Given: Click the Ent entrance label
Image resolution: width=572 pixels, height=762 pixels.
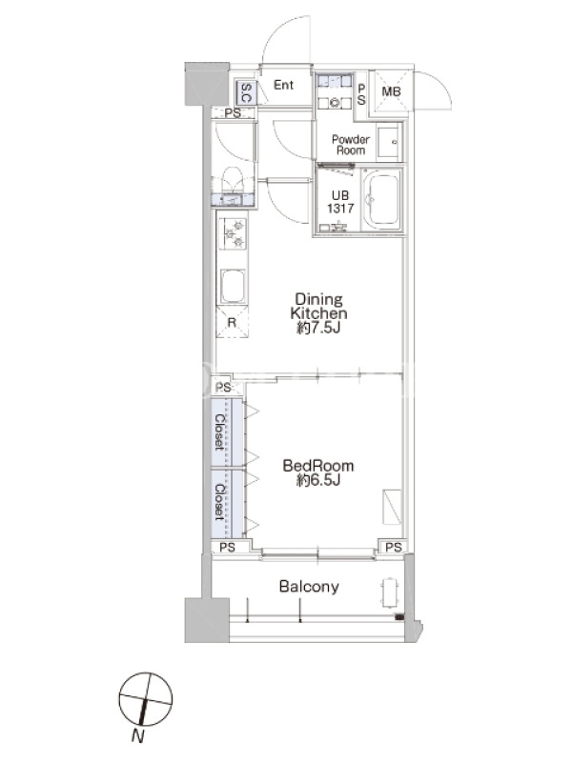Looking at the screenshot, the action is (x=283, y=85).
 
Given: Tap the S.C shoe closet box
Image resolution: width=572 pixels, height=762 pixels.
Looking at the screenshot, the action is (x=246, y=92).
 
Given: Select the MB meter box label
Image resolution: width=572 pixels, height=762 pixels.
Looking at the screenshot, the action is (x=391, y=91).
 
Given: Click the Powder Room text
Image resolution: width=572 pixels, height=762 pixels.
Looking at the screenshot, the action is (x=351, y=145).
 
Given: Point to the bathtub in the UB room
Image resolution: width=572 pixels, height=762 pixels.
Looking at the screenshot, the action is (x=383, y=200).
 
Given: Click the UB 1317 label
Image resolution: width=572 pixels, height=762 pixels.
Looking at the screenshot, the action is (x=340, y=202).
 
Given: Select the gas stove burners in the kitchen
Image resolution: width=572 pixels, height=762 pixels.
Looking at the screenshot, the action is (x=233, y=233).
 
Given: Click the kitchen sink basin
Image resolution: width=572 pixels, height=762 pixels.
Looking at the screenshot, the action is (x=233, y=286).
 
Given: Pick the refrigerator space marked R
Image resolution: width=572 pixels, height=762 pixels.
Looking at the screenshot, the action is (x=232, y=322).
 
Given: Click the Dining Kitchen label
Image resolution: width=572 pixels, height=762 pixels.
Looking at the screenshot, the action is (x=318, y=306).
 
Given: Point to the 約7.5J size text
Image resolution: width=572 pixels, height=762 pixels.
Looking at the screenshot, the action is (x=318, y=328).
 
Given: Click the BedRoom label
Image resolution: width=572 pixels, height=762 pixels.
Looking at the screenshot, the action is (x=318, y=466).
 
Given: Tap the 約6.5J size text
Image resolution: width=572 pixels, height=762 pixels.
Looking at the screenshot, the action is (x=318, y=481).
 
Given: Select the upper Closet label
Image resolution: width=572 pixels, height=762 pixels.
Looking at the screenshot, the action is (x=220, y=431).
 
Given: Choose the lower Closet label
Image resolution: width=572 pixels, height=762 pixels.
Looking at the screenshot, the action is (x=220, y=502).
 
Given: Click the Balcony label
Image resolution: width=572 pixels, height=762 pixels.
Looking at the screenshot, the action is (x=309, y=587).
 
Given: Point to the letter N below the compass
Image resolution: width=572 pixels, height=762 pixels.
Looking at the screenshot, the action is (x=138, y=736).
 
